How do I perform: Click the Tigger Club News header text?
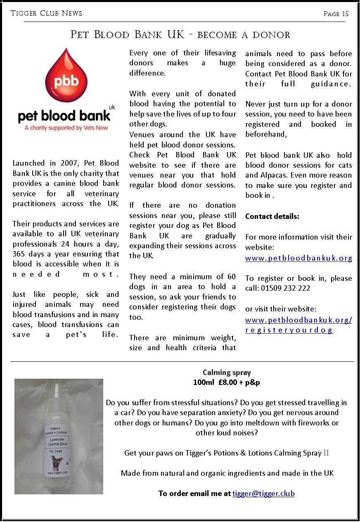46,13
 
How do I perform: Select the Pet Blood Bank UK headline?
180,35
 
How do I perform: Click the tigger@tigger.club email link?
263,494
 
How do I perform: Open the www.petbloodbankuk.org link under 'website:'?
298,259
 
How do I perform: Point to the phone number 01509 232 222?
285,288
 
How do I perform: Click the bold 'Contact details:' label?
272,216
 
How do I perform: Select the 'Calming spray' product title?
227,373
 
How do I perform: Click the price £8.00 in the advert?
228,382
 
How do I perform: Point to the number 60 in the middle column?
232,277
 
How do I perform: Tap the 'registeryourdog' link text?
289,330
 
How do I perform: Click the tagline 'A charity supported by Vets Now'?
66,128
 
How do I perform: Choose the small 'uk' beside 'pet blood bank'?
111,107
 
